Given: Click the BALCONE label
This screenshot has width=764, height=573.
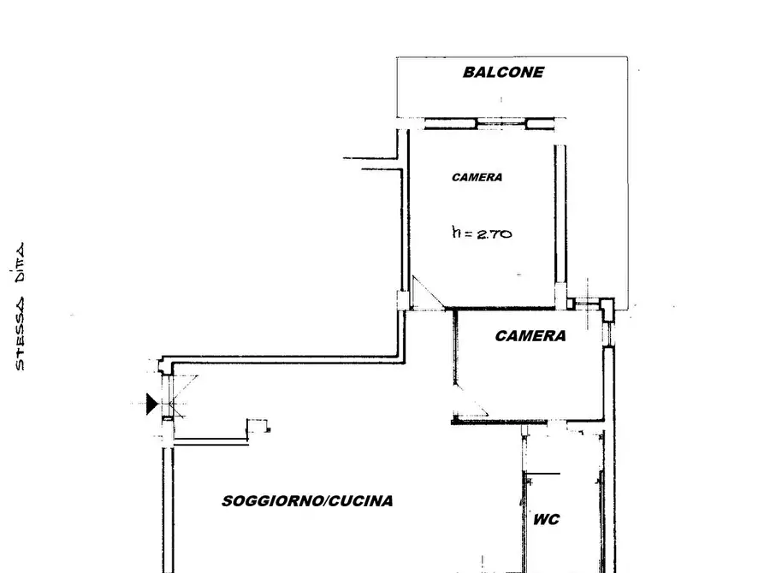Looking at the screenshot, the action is pos(503,72).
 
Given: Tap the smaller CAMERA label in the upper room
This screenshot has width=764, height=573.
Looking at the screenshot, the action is pos(477,177).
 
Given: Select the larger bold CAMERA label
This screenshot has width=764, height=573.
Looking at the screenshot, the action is pos(530,336).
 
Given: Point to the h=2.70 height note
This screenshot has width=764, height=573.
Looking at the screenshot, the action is pos(482,233).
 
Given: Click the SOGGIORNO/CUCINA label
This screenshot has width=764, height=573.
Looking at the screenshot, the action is pos(307,501).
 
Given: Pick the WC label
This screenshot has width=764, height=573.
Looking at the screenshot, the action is pos(546,519).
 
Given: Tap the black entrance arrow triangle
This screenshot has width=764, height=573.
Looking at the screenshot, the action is pos(152,404).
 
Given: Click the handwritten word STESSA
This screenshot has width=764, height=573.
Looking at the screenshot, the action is pos(19,334).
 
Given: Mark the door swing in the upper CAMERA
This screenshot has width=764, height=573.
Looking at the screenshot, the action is pos(428,293).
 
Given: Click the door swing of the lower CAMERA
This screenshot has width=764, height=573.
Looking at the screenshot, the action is pos(471,401).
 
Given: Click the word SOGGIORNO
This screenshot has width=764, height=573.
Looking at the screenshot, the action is pos(273,501).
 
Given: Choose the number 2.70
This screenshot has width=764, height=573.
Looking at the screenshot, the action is pos(494,233).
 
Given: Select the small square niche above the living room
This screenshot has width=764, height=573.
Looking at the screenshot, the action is pos(258,426).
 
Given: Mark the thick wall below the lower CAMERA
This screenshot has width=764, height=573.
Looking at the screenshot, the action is pos(500,422).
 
